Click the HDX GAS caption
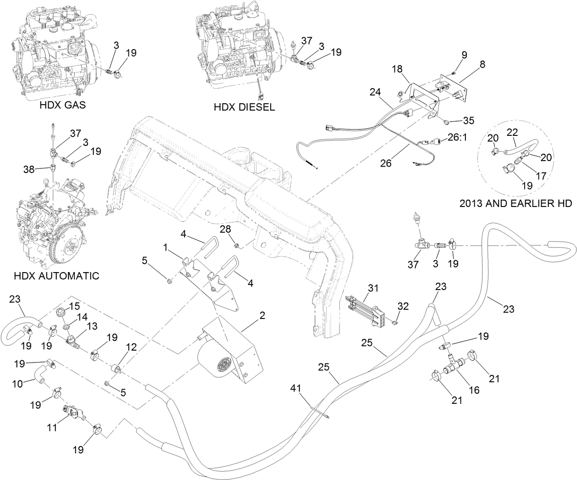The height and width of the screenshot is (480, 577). pyautogui.click(x=62, y=105)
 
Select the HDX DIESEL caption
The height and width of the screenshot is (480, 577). pyautogui.click(x=244, y=107)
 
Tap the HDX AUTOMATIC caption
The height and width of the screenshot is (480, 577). pyautogui.click(x=56, y=276)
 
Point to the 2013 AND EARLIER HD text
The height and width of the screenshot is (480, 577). pyautogui.click(x=516, y=202)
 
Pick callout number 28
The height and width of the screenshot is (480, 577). pyautogui.click(x=235, y=229)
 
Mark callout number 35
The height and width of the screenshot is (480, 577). pyautogui.click(x=468, y=121)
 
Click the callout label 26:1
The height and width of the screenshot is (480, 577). pyautogui.click(x=459, y=137)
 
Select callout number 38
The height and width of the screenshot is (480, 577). pyautogui.click(x=28, y=169)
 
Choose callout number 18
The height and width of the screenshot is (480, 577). pyautogui.click(x=397, y=69)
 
